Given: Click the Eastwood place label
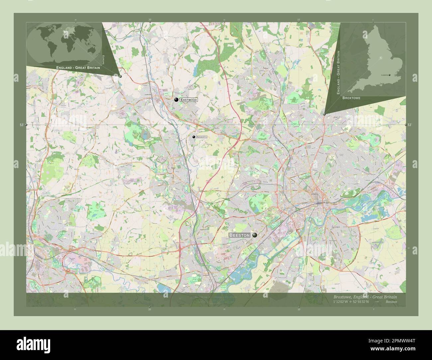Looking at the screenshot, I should click(189, 100).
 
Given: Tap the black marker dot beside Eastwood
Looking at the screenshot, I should click(176, 100).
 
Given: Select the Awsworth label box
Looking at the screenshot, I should click(201, 137).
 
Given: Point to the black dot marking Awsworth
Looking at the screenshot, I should click(193, 136).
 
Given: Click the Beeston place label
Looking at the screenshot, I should click(239, 235).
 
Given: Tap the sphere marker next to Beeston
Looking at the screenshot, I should click(255, 235).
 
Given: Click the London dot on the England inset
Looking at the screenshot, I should click(389, 75).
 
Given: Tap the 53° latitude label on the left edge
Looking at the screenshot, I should click(22, 125).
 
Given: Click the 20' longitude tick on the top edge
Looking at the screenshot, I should click(150, 20).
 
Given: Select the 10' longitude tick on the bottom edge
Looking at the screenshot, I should click(299, 309).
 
